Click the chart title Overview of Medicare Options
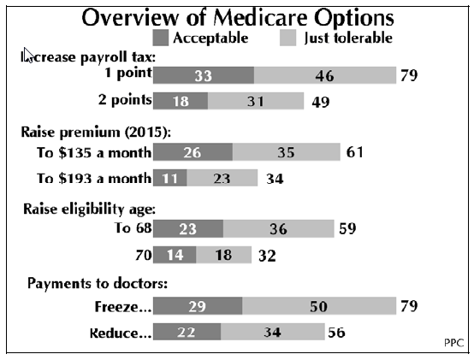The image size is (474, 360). pos(238,17)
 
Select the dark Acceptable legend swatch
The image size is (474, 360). pos(161,38)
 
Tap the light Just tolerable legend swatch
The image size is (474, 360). pos(287,38)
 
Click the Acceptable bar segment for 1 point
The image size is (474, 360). pos(204,75)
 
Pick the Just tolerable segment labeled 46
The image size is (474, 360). pos(325,75)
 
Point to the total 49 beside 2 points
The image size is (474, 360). pos(321,102)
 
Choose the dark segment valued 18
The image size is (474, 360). pos(181,101)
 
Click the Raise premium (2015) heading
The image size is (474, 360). pos(96,133)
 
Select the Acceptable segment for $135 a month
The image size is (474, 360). pos(193,152)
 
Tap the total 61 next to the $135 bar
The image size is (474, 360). pos(354,152)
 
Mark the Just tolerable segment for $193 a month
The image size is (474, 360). pos(222,178)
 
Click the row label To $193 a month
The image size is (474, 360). pos(94,178)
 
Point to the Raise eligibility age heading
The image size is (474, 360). pos(90,209)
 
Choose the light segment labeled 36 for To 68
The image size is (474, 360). pos(279,229)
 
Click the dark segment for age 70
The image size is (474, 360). pos(175,255)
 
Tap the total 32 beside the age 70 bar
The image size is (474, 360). pos(267,256)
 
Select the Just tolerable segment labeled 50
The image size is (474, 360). pos(319,306)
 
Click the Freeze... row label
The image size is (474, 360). pos(123,306)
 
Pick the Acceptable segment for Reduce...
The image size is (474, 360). pos(187,332)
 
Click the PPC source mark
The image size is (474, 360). pos(453,343)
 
